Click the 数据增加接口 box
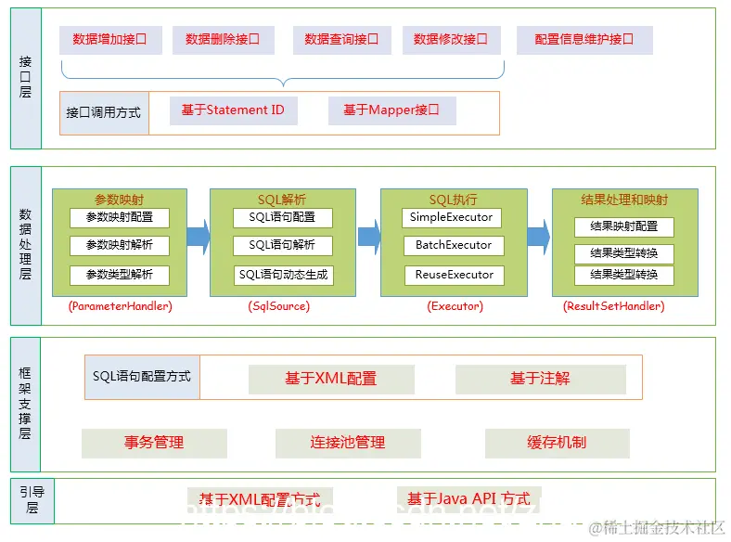click(110, 40)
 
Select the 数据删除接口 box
click(223, 40)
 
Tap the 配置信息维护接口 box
click(584, 40)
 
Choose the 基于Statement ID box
click(233, 110)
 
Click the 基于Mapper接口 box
click(391, 110)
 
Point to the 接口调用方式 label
click(104, 112)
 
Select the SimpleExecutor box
click(452, 217)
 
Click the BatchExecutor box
click(452, 246)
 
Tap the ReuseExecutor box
click(452, 275)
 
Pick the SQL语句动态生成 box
click(283, 275)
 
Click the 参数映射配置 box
click(120, 217)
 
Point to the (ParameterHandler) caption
click(121, 305)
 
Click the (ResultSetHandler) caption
click(614, 305)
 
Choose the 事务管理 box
click(154, 443)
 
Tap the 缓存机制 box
click(557, 443)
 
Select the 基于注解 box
click(540, 379)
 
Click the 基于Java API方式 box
click(468, 499)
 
